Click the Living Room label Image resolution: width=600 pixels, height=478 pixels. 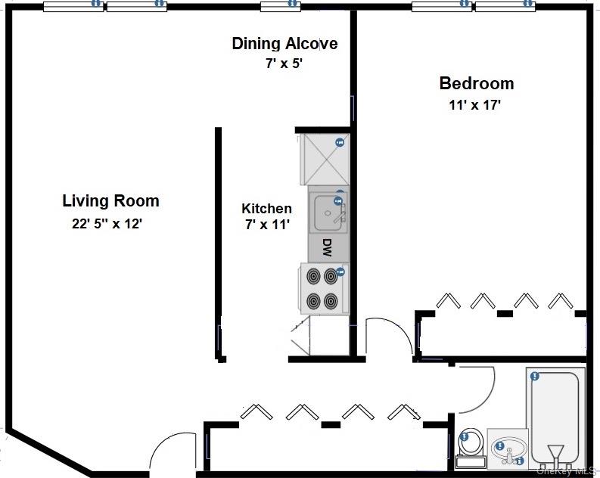click(110, 200)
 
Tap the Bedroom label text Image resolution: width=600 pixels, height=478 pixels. click(476, 83)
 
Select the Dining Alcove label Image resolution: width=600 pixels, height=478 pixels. click(284, 44)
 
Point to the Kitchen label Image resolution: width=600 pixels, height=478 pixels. click(266, 208)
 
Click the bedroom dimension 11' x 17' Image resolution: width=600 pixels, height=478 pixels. click(474, 105)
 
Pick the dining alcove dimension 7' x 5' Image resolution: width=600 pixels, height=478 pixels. click(284, 64)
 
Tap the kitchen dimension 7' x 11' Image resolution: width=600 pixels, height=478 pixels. click(266, 225)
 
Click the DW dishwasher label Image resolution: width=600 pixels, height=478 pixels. click(328, 247)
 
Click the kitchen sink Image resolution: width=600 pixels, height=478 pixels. click(328, 212)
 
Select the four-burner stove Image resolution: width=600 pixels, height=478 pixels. click(323, 288)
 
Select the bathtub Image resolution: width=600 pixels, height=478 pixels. click(555, 416)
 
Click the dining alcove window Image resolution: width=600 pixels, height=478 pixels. click(281, 7)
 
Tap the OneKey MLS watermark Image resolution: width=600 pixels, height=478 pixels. click(567, 470)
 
